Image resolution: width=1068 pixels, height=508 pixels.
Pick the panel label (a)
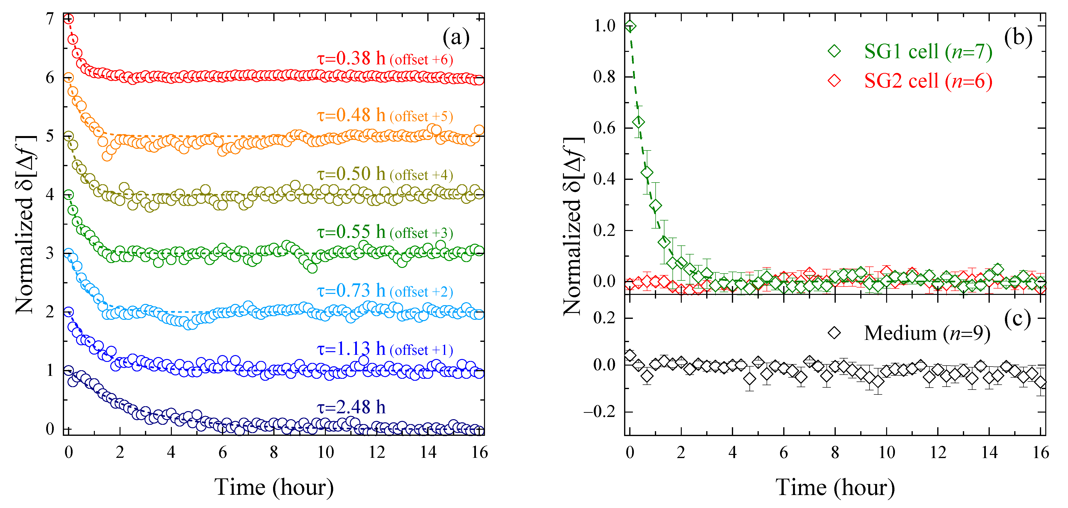click(456, 38)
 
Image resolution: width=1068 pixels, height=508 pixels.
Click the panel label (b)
click(1018, 37)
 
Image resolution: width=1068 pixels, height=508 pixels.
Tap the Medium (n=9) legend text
click(927, 333)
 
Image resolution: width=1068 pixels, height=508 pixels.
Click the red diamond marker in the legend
click(834, 81)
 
